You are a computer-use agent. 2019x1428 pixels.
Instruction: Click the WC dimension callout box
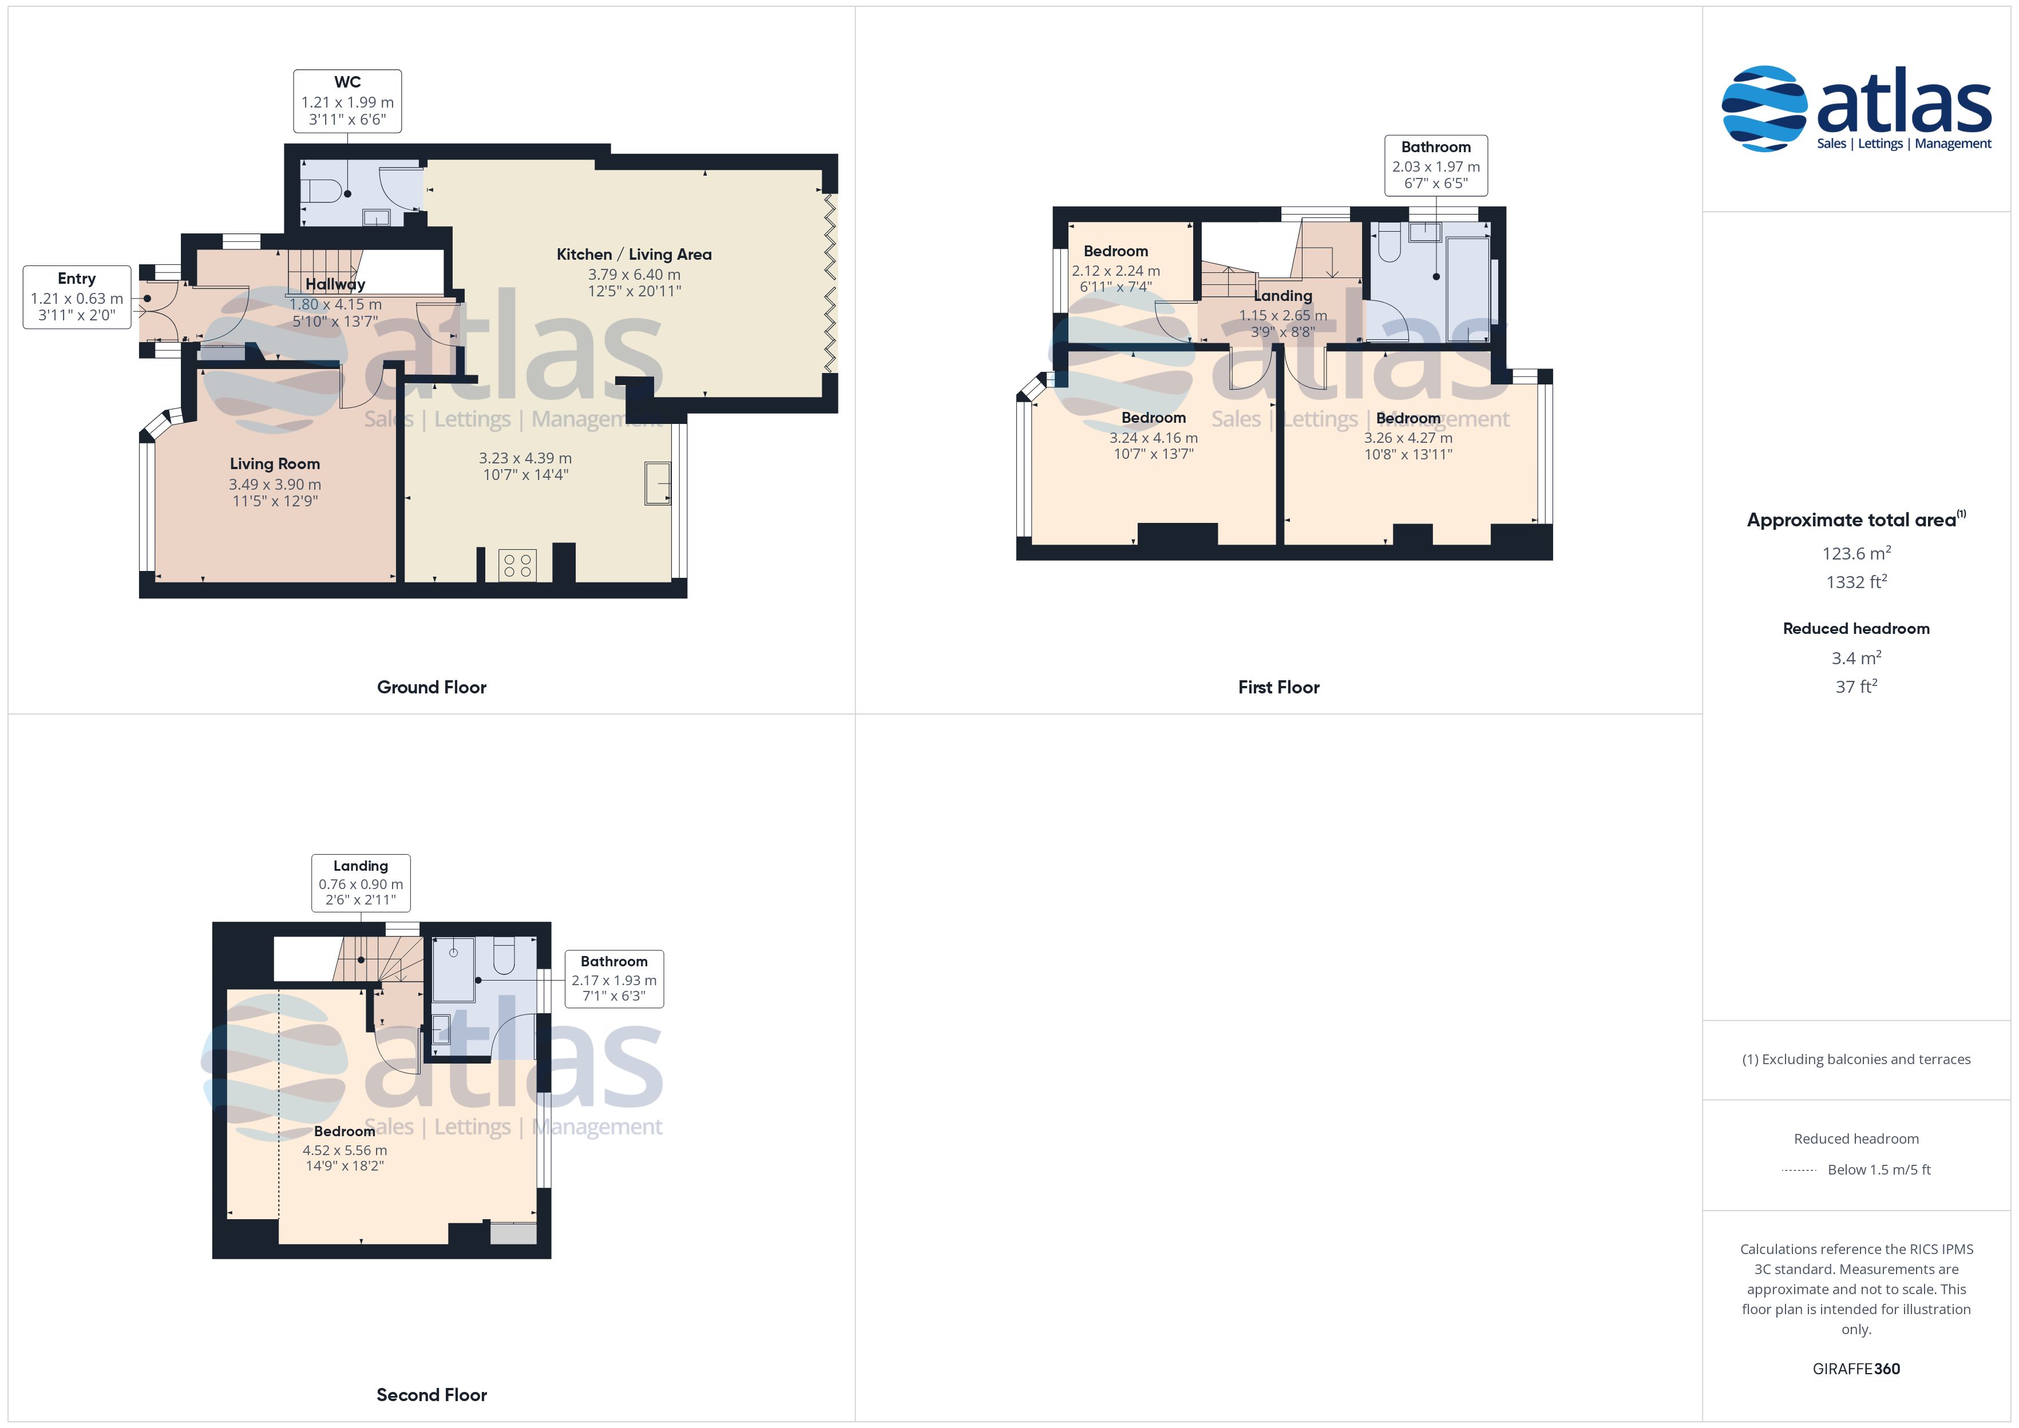point(347,101)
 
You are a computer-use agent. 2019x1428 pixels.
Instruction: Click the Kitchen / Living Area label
point(634,254)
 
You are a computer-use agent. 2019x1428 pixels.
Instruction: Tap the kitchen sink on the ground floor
point(657,483)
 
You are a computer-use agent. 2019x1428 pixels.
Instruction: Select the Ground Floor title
point(431,687)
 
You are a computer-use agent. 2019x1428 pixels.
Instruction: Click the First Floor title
point(1278,687)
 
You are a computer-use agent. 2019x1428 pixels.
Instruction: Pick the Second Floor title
point(431,1395)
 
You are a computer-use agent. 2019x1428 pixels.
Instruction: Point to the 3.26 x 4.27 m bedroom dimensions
point(1408,438)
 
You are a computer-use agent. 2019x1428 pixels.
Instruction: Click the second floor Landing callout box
point(361,883)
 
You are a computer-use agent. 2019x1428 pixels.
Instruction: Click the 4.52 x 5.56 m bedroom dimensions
point(345,1150)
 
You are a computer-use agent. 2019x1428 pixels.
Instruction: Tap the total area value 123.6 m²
point(1856,553)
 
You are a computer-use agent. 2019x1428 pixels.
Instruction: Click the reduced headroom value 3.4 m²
point(1856,658)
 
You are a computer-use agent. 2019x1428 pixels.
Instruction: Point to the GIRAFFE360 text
point(1856,1369)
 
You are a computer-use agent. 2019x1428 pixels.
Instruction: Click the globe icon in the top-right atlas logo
point(1764,108)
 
